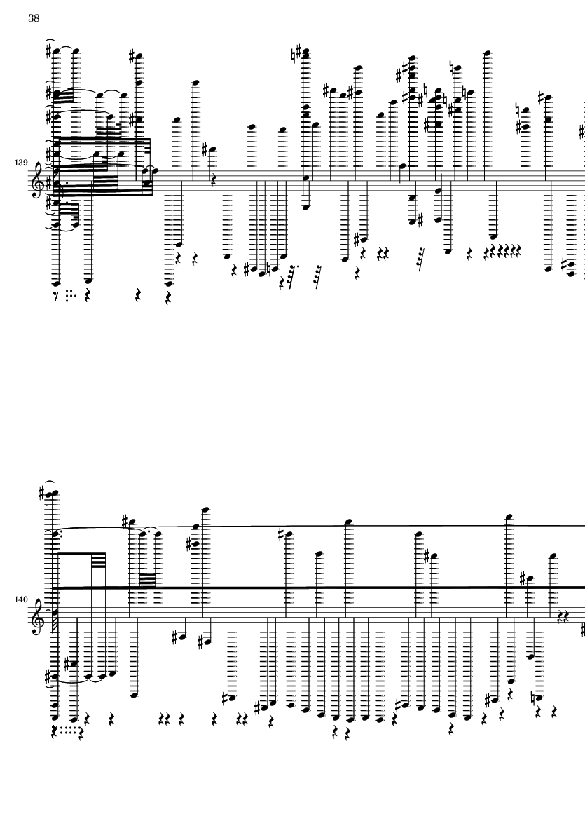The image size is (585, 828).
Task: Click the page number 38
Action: pyautogui.click(x=34, y=18)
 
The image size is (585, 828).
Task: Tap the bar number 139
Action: pyautogui.click(x=21, y=163)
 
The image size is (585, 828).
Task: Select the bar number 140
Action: pyautogui.click(x=21, y=599)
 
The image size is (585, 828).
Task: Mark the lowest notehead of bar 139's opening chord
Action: pyautogui.click(x=57, y=283)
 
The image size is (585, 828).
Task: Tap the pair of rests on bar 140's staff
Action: pyautogui.click(x=563, y=617)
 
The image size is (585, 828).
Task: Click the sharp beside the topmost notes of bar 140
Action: pyautogui.click(x=42, y=494)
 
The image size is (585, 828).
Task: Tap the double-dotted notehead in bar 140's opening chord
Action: pyautogui.click(x=55, y=534)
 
